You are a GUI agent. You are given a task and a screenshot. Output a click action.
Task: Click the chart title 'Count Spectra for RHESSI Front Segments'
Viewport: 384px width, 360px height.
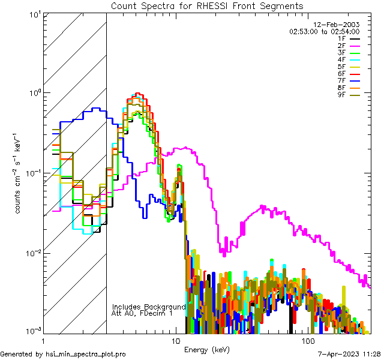(207, 6)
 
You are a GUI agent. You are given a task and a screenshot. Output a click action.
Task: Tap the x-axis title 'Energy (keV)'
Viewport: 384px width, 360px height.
(206, 349)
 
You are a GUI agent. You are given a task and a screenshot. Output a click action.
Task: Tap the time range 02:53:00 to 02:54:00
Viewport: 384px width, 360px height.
(324, 31)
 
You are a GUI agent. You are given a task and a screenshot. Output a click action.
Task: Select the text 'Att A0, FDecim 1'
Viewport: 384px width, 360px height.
(142, 313)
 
